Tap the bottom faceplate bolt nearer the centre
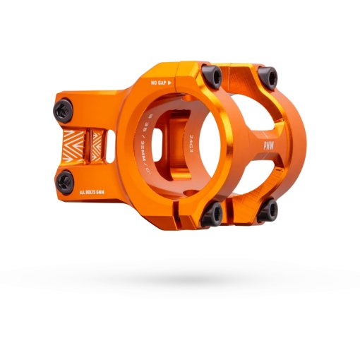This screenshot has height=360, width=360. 211,214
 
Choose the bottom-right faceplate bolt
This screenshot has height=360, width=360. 268,209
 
